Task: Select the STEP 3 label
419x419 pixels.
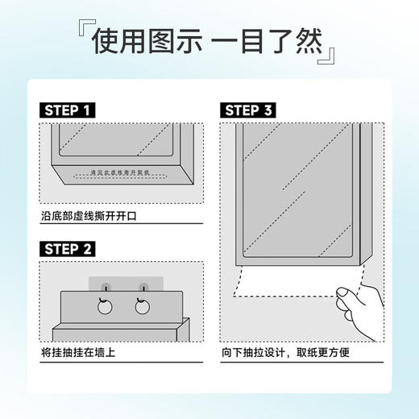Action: click(x=254, y=110)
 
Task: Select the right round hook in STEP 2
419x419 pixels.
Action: click(x=144, y=305)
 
